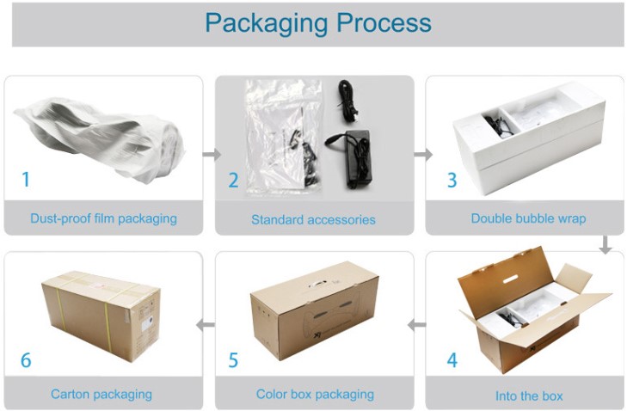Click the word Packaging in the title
262,23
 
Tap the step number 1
26,179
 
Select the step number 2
233,181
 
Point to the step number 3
452,181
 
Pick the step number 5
233,359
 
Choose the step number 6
26,359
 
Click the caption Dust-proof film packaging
103,218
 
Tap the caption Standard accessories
313,219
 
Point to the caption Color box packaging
315,395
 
